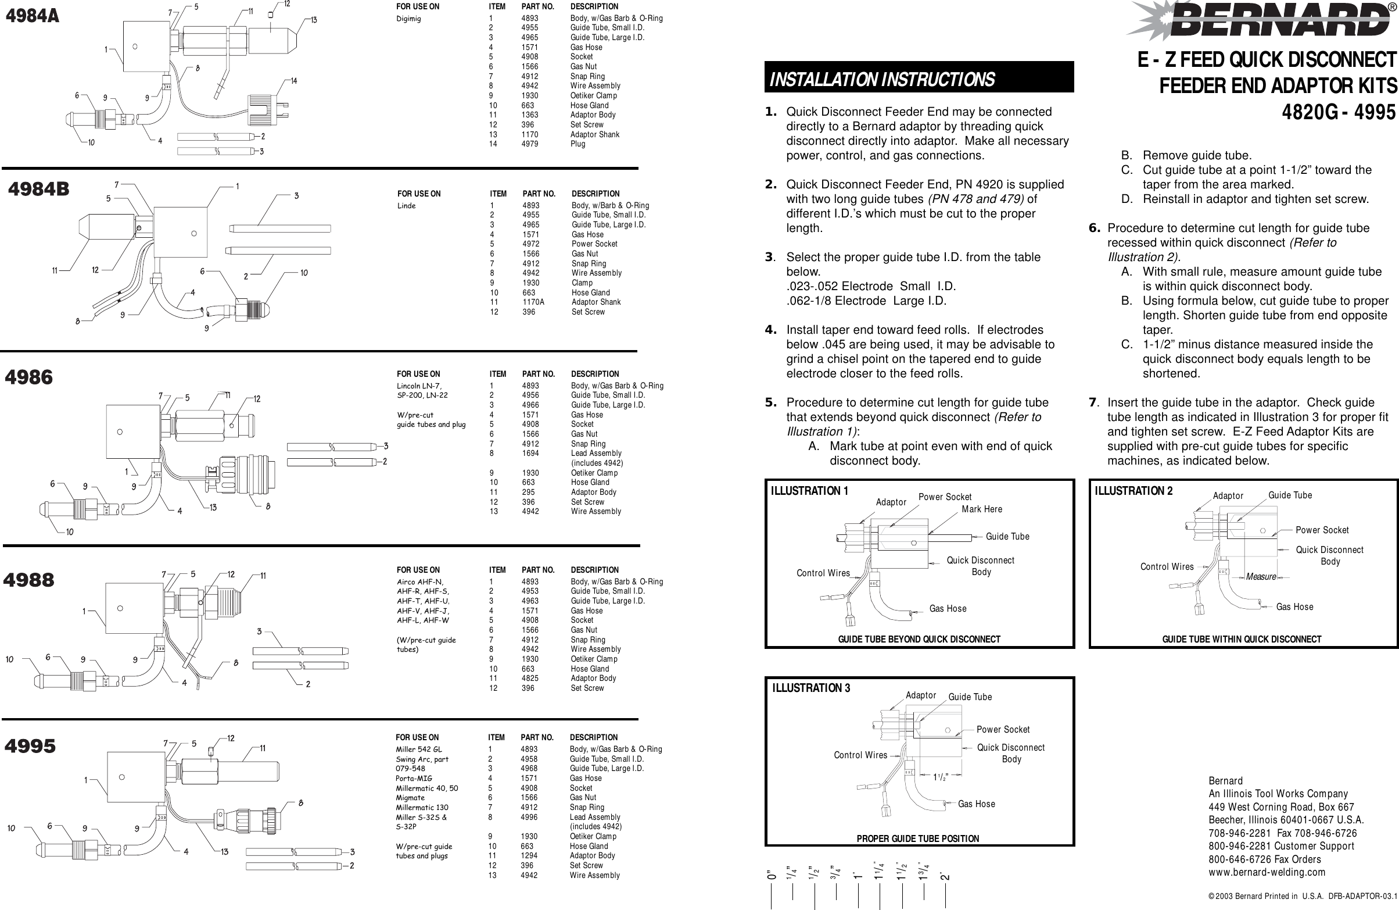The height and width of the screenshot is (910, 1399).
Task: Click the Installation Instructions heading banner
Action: click(x=919, y=78)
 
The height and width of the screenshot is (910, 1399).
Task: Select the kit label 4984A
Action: click(x=33, y=16)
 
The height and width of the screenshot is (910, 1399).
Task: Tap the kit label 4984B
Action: click(x=38, y=189)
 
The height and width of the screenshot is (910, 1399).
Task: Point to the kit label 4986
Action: click(x=29, y=377)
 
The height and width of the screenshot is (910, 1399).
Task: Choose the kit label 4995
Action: click(x=31, y=747)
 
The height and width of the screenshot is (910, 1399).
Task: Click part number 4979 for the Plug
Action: click(x=529, y=144)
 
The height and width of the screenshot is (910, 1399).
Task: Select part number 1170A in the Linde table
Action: click(x=533, y=302)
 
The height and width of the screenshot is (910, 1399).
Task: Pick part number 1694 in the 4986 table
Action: click(x=530, y=454)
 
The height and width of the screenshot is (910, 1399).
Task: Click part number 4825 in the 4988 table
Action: click(x=530, y=678)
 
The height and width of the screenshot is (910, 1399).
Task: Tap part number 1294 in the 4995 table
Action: click(x=529, y=856)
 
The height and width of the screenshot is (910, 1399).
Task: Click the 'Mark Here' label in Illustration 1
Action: click(x=982, y=509)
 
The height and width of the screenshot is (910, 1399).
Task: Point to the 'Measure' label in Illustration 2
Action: click(x=1261, y=577)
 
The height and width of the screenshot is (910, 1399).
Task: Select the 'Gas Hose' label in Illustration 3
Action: click(x=977, y=804)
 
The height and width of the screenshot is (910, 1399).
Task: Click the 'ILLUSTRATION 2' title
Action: click(x=1133, y=491)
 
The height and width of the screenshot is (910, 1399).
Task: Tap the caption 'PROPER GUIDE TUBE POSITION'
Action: click(x=917, y=839)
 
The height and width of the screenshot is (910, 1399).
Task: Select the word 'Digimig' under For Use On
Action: click(x=408, y=19)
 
